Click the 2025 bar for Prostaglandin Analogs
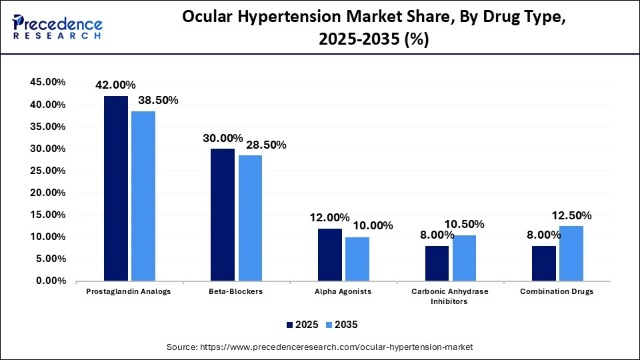point(116,189)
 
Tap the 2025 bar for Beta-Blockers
point(223,215)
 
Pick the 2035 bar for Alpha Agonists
point(357,259)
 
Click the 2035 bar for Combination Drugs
point(571,253)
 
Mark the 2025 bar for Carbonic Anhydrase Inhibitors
point(437,263)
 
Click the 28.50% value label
point(263,145)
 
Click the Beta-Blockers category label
point(236,292)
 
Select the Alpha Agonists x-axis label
point(343,292)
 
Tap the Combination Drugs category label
point(557,292)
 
